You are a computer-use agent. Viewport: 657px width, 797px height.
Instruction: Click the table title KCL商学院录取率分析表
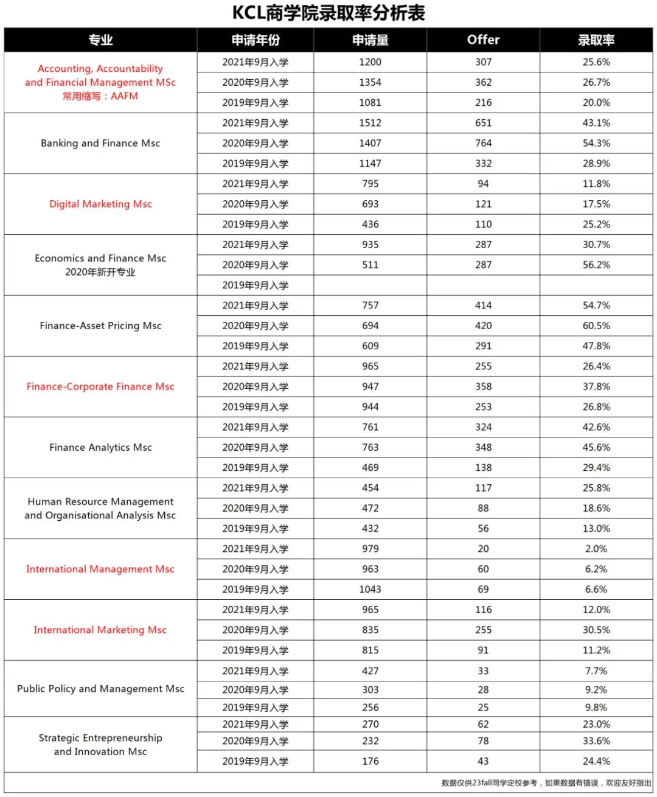point(328,13)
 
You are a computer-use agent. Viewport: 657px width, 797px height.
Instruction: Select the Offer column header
point(483,40)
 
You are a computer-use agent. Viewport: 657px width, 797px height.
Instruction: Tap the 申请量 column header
point(370,40)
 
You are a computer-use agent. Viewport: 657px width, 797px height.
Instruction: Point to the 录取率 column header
point(596,40)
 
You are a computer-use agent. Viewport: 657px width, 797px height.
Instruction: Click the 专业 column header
point(100,40)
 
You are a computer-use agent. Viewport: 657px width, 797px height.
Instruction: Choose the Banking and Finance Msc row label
point(100,143)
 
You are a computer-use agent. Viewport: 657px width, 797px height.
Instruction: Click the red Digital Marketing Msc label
point(100,204)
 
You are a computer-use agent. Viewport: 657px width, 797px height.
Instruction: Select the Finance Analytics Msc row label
point(100,447)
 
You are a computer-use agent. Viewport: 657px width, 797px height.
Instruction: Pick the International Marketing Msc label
point(100,630)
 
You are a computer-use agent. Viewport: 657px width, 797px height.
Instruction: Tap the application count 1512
point(370,123)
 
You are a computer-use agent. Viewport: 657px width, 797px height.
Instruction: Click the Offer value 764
point(483,143)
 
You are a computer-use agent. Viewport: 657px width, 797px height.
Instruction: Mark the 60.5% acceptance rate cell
point(596,325)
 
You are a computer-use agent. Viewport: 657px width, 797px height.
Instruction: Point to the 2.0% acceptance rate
point(596,549)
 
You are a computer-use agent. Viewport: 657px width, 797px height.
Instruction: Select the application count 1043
point(370,590)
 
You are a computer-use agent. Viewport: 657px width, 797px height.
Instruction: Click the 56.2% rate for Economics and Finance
point(596,265)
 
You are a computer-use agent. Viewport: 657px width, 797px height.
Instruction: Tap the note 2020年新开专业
point(100,272)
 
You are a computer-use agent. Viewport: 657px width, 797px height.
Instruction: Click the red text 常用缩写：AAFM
point(100,96)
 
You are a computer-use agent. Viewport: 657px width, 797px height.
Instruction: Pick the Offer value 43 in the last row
point(483,761)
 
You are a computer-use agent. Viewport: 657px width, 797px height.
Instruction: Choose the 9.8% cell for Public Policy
point(596,708)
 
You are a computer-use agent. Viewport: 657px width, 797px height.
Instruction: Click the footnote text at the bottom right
point(546,783)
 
